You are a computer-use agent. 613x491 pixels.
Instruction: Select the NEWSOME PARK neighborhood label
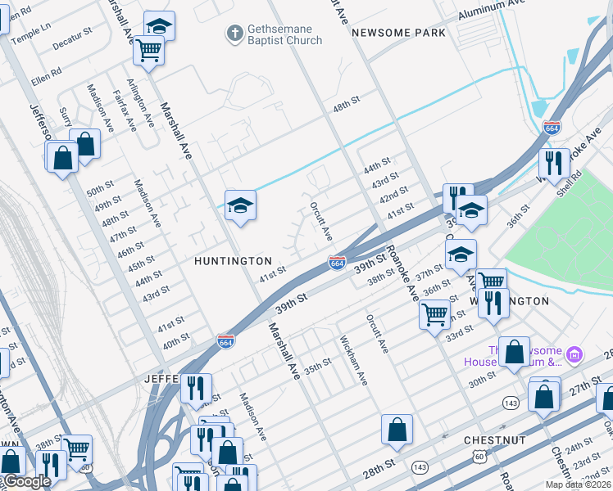click(398, 33)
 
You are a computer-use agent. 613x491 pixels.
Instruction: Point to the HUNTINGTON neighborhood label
click(233, 261)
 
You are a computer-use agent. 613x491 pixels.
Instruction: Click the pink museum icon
click(574, 355)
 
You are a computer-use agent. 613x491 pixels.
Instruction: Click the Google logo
click(26, 482)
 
